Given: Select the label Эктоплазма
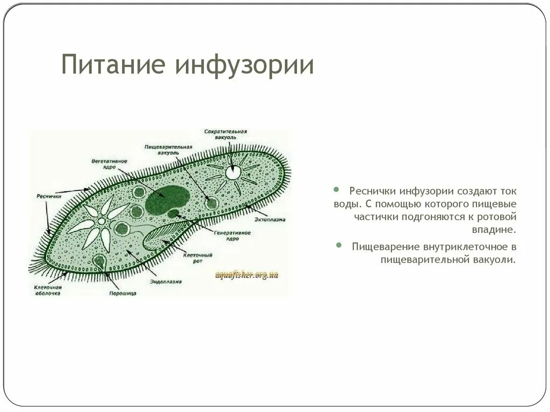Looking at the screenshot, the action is (x=270, y=219).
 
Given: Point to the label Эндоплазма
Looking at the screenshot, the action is (x=166, y=281).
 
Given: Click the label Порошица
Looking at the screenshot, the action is (x=122, y=293).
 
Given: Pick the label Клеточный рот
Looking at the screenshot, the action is (x=198, y=258).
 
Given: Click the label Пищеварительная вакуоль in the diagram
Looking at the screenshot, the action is (x=168, y=149).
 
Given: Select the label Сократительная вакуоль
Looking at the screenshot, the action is (x=225, y=134).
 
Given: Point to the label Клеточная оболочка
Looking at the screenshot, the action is (x=45, y=290).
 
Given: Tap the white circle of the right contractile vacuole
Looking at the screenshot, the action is (x=233, y=172).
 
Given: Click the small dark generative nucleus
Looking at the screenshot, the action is (x=173, y=214).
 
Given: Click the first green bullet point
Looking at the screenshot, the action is (x=336, y=190).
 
